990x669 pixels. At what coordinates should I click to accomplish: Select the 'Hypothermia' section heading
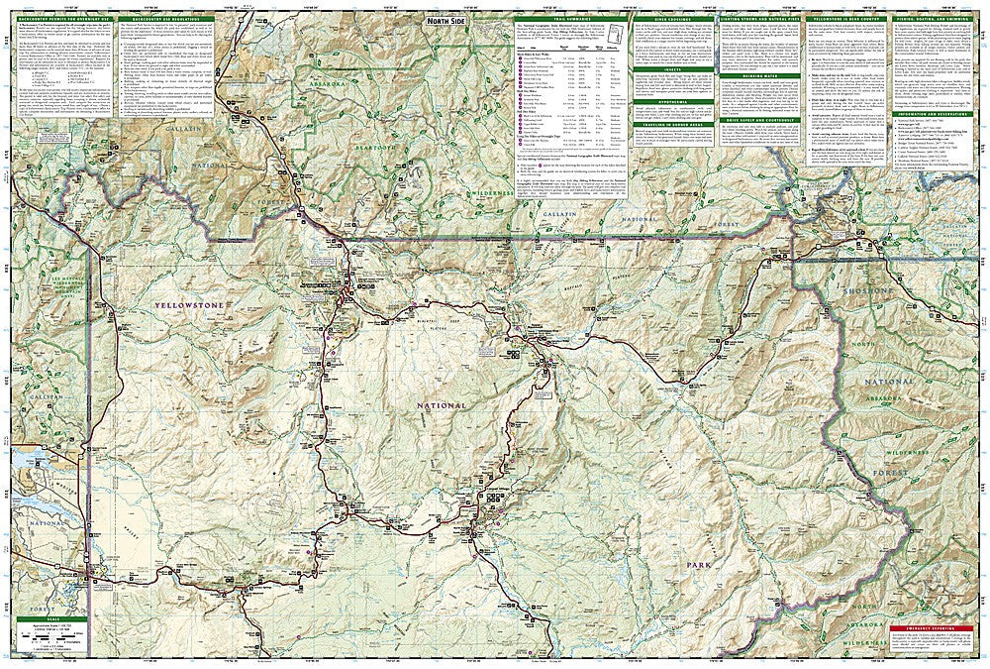pyautogui.click(x=660, y=101)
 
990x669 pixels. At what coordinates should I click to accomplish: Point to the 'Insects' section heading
pyautogui.click(x=660, y=69)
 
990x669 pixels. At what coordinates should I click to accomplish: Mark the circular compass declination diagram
pyautogui.click(x=618, y=24)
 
